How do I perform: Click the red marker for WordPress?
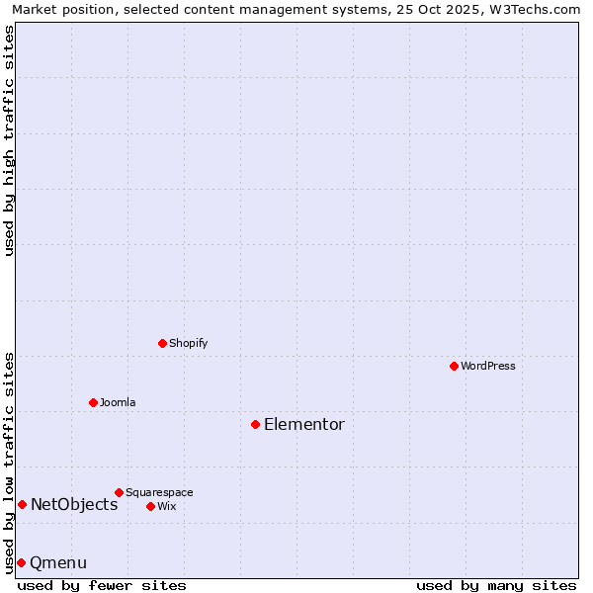454,366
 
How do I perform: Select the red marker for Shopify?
162,343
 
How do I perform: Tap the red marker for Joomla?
93,402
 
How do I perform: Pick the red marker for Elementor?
255,424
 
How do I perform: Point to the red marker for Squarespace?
119,492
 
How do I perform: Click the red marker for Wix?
150,506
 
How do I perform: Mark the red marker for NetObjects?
22,504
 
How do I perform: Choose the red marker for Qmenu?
21,562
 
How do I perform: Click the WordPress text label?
488,367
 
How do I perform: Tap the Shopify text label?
189,344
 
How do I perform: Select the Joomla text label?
118,403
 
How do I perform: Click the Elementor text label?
304,425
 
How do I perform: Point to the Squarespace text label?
159,493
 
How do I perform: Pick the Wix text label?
167,507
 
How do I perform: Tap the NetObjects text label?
74,505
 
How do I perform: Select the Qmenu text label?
58,563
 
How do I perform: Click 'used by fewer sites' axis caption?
102,586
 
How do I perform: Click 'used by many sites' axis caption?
496,586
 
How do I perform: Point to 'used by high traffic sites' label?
10,140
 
